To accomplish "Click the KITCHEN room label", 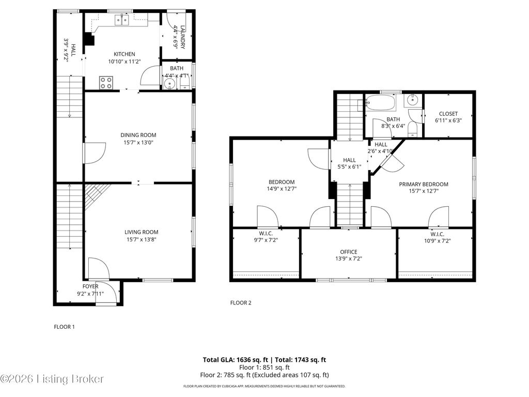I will pyautogui.click(x=124, y=54).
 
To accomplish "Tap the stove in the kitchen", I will pyautogui.click(x=106, y=82).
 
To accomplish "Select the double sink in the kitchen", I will pyautogui.click(x=122, y=20).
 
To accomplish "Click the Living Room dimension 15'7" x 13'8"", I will pyautogui.click(x=141, y=239).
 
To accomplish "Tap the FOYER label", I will pyautogui.click(x=90, y=286).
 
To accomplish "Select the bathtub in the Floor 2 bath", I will pyautogui.click(x=380, y=103).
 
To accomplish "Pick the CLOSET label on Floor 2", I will pyautogui.click(x=448, y=114).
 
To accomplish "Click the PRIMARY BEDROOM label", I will pyautogui.click(x=423, y=184).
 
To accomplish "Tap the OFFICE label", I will pyautogui.click(x=348, y=252).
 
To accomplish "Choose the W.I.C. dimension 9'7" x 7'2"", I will pyautogui.click(x=266, y=240).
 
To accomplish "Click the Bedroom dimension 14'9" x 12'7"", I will pyautogui.click(x=281, y=189).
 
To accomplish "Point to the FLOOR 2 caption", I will pyautogui.click(x=240, y=303).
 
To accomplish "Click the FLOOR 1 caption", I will pyautogui.click(x=65, y=327).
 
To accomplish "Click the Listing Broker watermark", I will pyautogui.click(x=52, y=379).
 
